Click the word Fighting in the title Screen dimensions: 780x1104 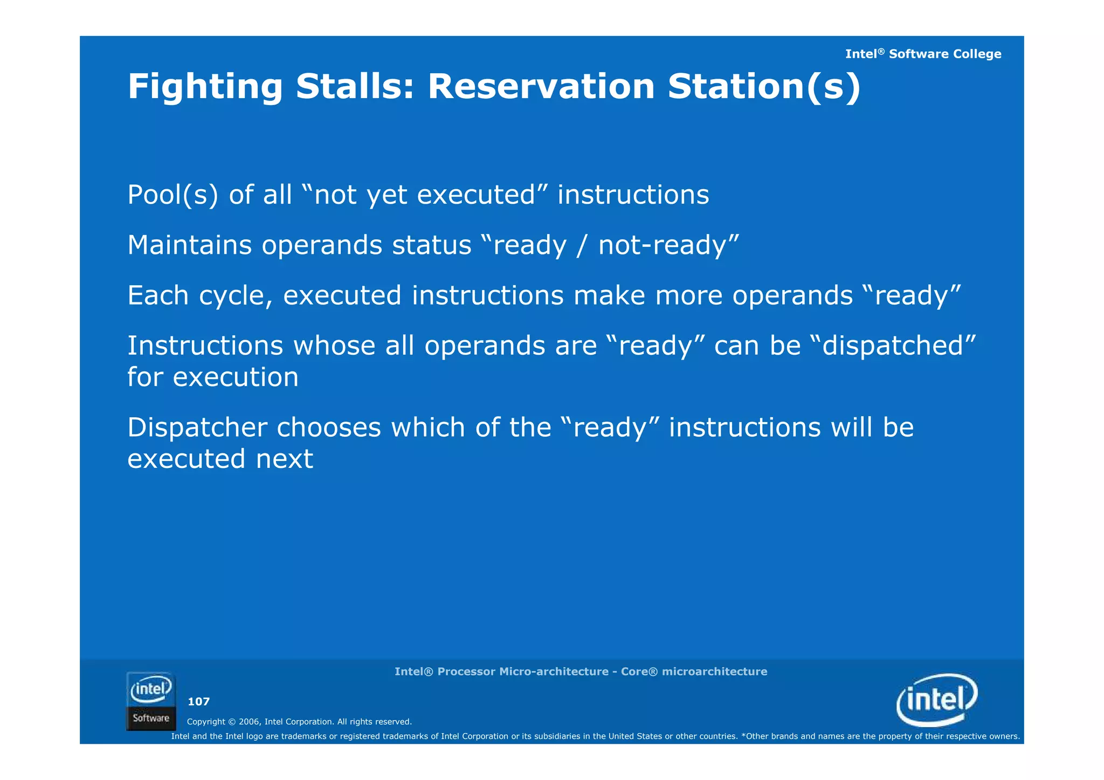coord(205,87)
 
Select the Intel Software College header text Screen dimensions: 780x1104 coord(923,54)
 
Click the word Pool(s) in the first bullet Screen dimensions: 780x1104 coord(172,195)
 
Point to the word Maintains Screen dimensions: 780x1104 coord(189,245)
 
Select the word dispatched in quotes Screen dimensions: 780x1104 coord(893,346)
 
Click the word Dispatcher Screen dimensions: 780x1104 coord(197,427)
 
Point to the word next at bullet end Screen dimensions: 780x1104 coord(284,459)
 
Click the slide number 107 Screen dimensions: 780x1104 coord(198,701)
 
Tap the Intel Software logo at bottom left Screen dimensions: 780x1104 coord(151,701)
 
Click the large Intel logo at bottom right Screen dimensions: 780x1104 coord(937,700)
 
